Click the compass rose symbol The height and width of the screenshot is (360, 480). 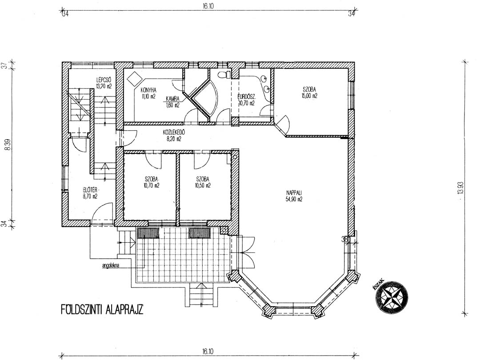pyautogui.click(x=392, y=296)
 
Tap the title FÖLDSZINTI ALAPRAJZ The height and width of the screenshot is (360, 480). pyautogui.click(x=102, y=310)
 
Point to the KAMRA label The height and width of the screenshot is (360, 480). pyautogui.click(x=172, y=99)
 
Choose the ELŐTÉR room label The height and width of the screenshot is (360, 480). pyautogui.click(x=90, y=189)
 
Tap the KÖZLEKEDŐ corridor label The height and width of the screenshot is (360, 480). pyautogui.click(x=174, y=132)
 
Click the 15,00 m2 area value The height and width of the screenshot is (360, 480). pyautogui.click(x=309, y=96)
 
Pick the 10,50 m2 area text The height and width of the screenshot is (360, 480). pyautogui.click(x=203, y=185)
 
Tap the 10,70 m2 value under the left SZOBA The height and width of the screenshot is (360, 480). pyautogui.click(x=152, y=185)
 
